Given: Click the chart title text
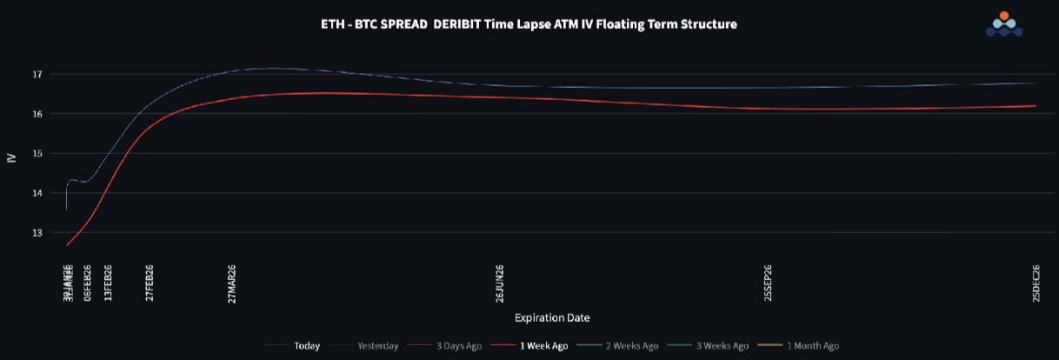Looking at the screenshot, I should point(529,24).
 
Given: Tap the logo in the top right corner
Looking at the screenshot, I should point(1003,24).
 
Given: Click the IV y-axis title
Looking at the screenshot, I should point(11,157).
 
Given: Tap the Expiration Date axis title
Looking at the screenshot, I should point(552,317).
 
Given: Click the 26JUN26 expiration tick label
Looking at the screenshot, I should point(500,283).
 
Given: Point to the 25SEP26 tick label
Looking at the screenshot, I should point(768,283).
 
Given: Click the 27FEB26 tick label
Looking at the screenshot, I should point(150,283).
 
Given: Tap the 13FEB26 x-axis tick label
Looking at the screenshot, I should point(108,283).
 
